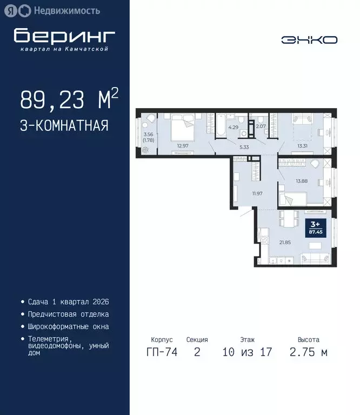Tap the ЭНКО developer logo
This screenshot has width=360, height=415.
309,40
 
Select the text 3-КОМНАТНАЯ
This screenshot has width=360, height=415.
64,126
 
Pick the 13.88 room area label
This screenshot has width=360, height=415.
302,181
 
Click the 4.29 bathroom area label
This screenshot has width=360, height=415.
234,128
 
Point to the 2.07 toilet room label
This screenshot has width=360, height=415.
261,126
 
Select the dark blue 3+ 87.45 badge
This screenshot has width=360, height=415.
314,227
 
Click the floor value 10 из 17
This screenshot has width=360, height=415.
247,353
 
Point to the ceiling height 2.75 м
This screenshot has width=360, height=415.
308,353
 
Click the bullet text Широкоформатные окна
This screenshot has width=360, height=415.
69,326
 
